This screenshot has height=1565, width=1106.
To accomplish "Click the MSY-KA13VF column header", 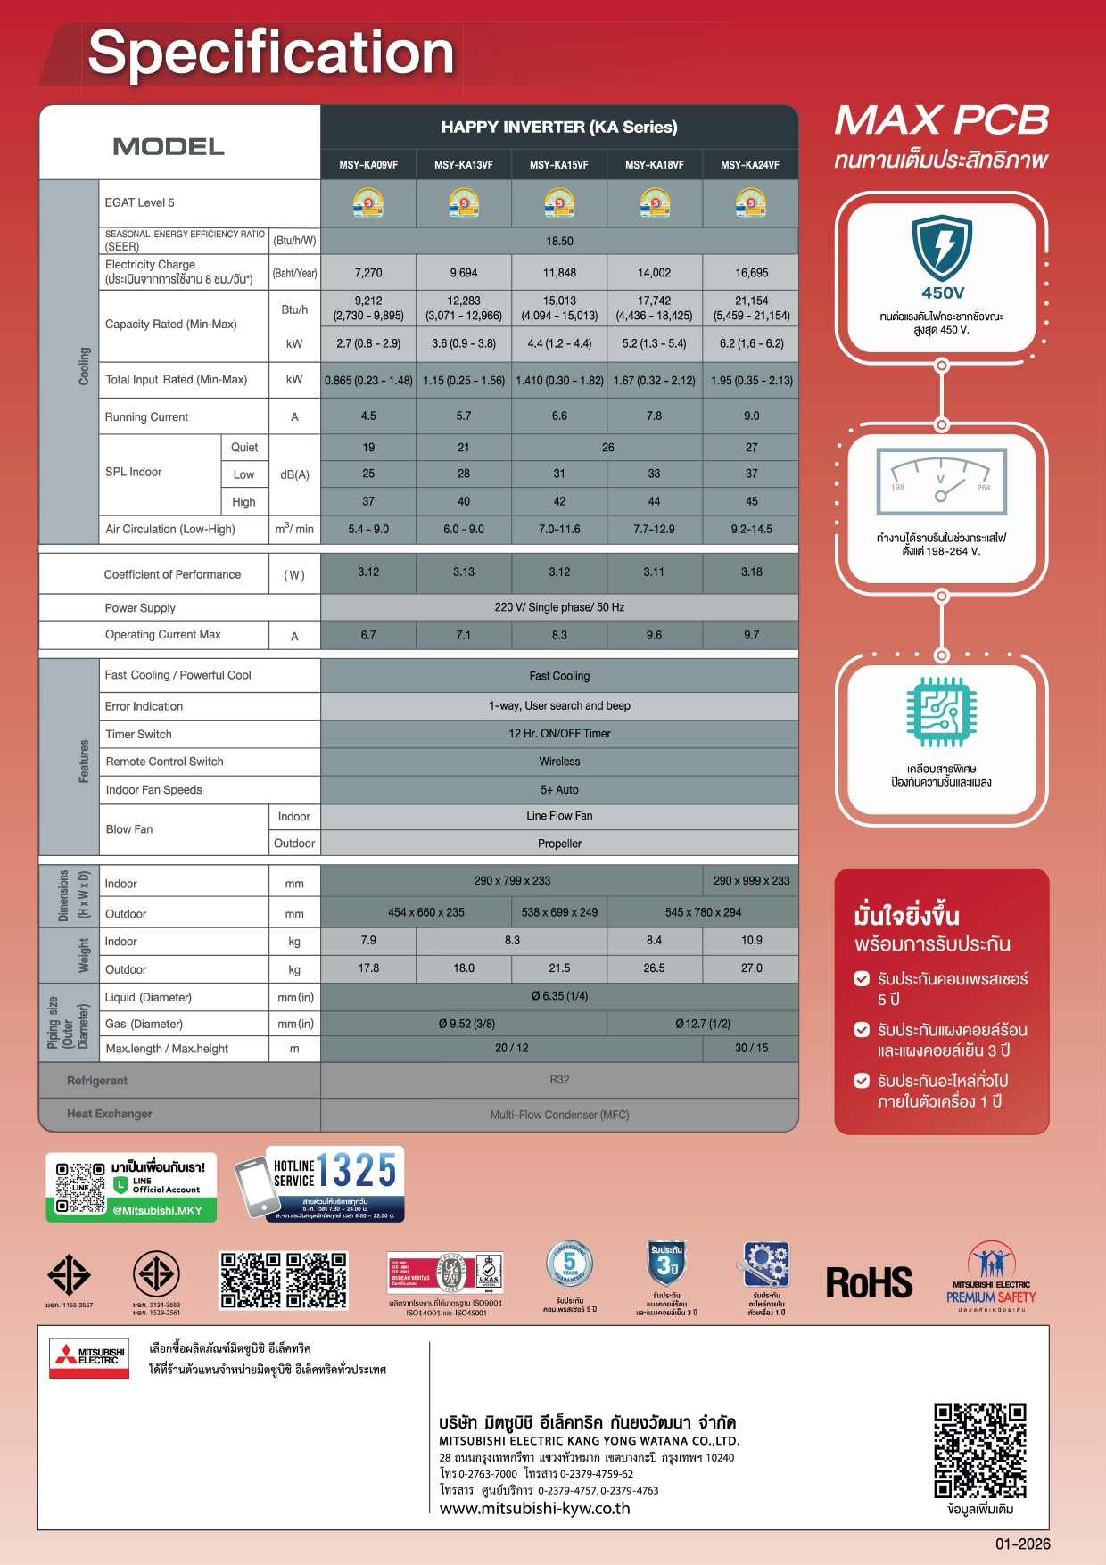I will [464, 165].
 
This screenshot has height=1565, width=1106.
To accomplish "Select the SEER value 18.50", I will [559, 242].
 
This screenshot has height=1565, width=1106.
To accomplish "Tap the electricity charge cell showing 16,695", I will [751, 273].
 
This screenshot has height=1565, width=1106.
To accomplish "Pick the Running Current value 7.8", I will [654, 416].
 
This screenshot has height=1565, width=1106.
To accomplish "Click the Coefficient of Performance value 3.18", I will [751, 572].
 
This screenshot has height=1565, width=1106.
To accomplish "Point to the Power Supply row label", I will [140, 608].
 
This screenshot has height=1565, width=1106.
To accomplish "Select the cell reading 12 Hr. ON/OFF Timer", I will [559, 734].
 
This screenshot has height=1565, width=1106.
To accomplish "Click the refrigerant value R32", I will [559, 1080].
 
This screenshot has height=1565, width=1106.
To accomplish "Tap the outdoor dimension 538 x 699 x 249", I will [559, 912].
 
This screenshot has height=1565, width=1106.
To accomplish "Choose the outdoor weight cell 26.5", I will [654, 968].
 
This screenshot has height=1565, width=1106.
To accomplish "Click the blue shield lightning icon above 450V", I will [942, 247].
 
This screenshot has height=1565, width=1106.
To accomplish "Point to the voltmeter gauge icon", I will [942, 482].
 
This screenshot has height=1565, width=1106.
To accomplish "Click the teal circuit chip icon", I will [942, 712].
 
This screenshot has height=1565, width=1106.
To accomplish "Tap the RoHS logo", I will [869, 1283].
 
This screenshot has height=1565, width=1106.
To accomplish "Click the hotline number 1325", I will [357, 1170].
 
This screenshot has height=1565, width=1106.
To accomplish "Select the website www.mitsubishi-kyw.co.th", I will [535, 1509].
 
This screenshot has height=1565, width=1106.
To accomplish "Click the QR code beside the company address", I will [980, 1451].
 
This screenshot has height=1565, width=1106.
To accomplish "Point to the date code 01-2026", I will [1023, 1544].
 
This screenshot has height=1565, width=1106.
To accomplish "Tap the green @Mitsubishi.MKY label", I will [157, 1210].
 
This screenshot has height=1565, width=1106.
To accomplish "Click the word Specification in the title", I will [271, 53].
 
